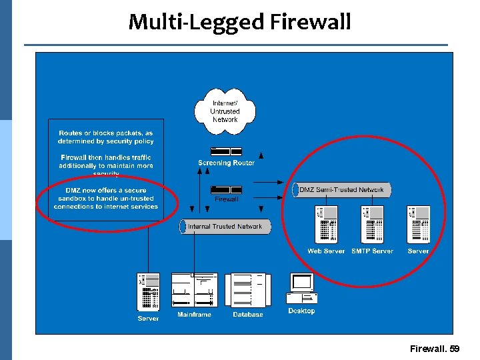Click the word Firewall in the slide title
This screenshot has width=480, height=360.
tap(311, 22)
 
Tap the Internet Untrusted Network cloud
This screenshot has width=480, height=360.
tap(225, 111)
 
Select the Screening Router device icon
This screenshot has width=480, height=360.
tap(226, 151)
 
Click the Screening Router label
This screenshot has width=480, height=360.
tap(226, 163)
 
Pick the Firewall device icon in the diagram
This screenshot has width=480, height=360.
tap(226, 189)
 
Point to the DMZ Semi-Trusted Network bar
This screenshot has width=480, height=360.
tap(341, 190)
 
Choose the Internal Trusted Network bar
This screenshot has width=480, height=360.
tap(225, 227)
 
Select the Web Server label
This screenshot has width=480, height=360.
tap(327, 251)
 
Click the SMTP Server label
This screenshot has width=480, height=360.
tap(372, 251)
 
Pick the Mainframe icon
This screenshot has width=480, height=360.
tap(194, 291)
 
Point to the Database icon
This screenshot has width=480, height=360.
tap(248, 291)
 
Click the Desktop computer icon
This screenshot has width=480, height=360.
tap(301, 289)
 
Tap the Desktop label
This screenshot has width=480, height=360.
tap(301, 311)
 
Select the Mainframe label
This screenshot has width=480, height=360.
tap(194, 315)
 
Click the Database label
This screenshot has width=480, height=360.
tap(248, 315)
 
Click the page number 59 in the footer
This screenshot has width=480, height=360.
tap(455, 349)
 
